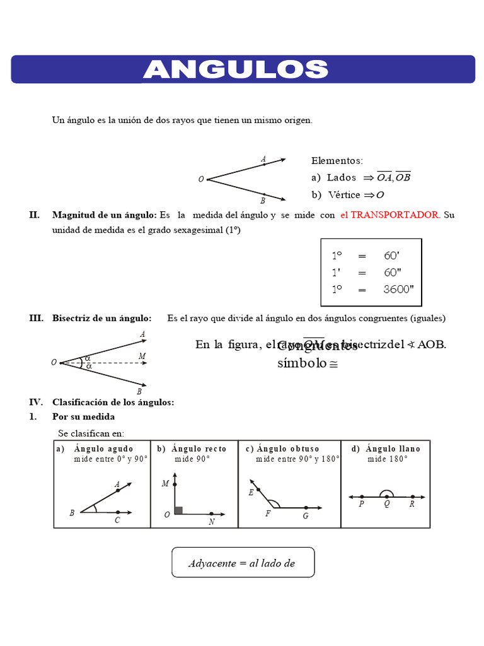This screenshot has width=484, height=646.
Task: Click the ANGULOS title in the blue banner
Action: [235, 69]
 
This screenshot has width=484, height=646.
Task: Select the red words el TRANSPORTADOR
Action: [390, 215]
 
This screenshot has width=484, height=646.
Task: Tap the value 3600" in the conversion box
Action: [399, 290]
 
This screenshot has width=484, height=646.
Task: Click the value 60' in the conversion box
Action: [392, 256]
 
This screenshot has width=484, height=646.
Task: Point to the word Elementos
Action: [337, 161]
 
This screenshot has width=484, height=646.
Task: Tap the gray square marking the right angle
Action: [178, 510]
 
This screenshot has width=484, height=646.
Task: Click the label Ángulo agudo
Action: [103, 449]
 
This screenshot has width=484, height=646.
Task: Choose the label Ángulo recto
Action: [199, 449]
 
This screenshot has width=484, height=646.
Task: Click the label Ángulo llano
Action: [393, 449]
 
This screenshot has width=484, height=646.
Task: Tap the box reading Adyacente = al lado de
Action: [243, 563]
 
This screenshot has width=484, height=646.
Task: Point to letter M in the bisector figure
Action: [142, 356]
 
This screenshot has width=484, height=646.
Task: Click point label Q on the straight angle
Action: [386, 505]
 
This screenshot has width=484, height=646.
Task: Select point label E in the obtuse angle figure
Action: [251, 493]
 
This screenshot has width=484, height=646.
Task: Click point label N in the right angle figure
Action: [211, 522]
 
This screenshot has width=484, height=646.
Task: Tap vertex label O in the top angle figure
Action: [201, 180]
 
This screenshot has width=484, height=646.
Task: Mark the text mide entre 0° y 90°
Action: [111, 459]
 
